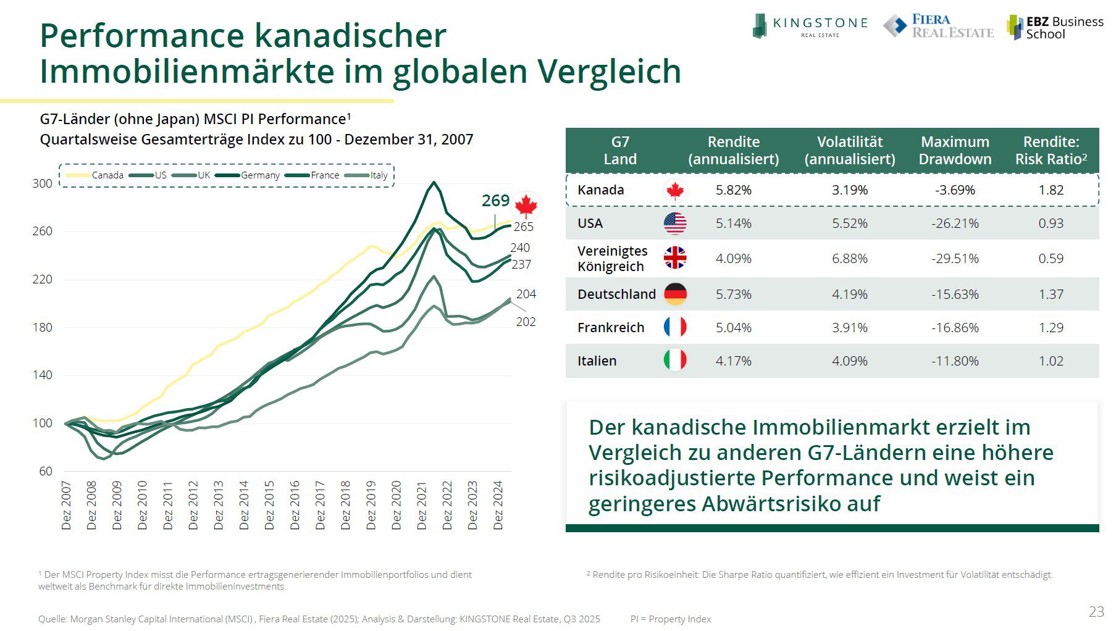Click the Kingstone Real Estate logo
[x=809, y=27]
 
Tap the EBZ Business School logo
[x=1055, y=28]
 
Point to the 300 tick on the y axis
[x=42, y=183]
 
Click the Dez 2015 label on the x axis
[x=269, y=505]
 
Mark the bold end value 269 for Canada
[x=495, y=201]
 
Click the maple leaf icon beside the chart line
[x=526, y=206]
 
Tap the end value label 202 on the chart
[x=526, y=322]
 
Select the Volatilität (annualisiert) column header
[x=849, y=151]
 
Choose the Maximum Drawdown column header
[x=955, y=151]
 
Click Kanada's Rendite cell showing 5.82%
[x=733, y=190]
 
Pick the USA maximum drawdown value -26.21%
[x=955, y=224]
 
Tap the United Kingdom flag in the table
[x=675, y=257]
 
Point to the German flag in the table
[x=675, y=294]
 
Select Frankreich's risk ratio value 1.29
[x=1051, y=328]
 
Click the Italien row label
[x=597, y=361]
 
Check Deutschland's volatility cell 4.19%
[x=849, y=295]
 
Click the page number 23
[x=1096, y=612]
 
